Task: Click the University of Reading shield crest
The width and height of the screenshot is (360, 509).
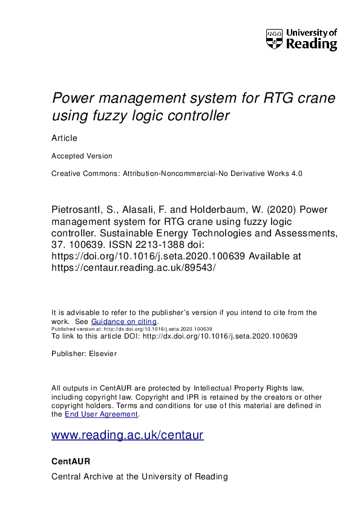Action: [x=274, y=39]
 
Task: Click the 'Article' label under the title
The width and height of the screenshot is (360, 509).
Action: [x=65, y=138]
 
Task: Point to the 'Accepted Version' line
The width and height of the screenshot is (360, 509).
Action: [x=82, y=155]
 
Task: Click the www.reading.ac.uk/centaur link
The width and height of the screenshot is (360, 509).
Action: [x=128, y=435]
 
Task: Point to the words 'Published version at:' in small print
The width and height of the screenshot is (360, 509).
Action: [x=74, y=329]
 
